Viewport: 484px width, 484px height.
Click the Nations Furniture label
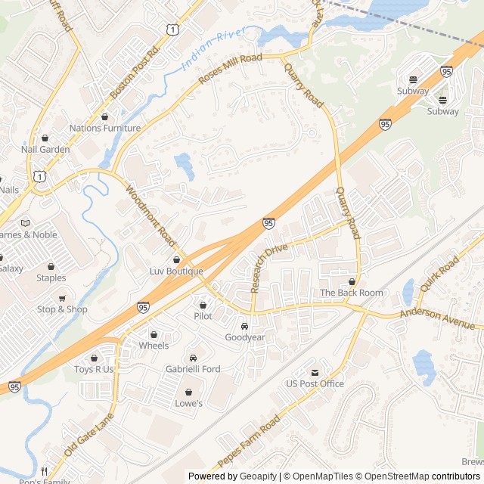(x=105, y=129)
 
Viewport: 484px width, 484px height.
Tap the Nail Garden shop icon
(x=45, y=138)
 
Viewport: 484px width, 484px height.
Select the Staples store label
(x=51, y=278)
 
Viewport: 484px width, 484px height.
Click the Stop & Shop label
(x=62, y=309)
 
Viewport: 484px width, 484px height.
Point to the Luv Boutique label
(x=176, y=271)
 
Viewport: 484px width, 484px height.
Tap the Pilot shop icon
(x=203, y=305)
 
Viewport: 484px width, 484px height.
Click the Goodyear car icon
(x=245, y=326)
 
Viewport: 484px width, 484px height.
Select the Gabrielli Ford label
(x=193, y=369)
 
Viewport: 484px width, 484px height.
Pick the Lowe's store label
(x=188, y=404)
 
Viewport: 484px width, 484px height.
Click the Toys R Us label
(x=94, y=370)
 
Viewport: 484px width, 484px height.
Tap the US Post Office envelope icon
(x=315, y=373)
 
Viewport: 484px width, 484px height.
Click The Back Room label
(x=352, y=293)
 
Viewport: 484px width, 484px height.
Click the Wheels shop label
(x=154, y=346)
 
